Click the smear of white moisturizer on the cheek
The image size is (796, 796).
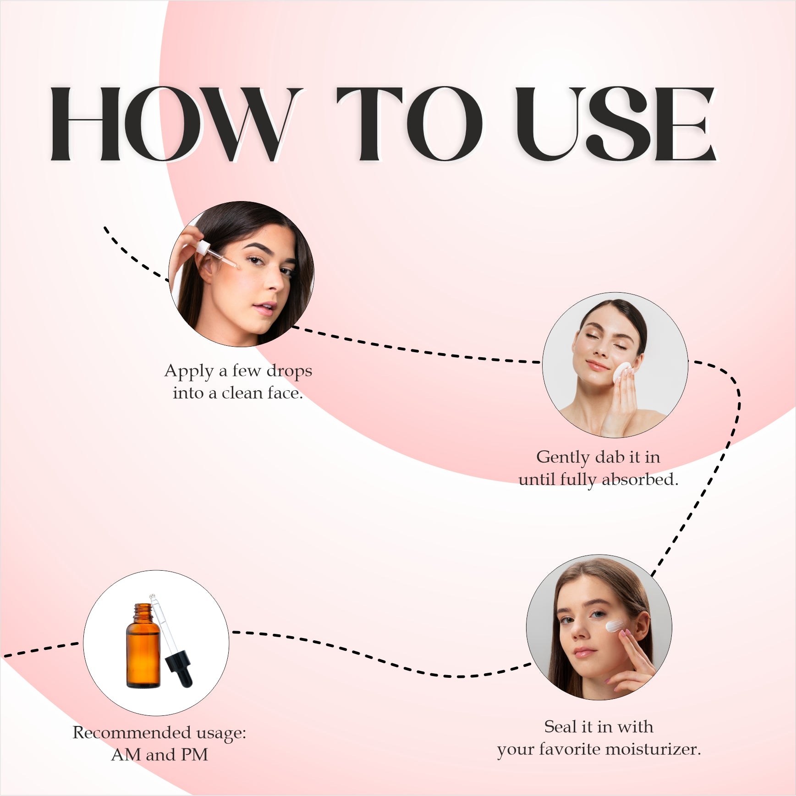tap(615, 626)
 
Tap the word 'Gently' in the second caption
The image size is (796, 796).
tap(563, 458)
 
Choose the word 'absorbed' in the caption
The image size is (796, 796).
tap(640, 480)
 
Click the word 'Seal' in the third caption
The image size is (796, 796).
tap(560, 727)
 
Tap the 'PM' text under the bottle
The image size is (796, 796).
tap(194, 755)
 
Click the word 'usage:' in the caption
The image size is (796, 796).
tap(221, 733)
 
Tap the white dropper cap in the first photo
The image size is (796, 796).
tap(202, 248)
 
